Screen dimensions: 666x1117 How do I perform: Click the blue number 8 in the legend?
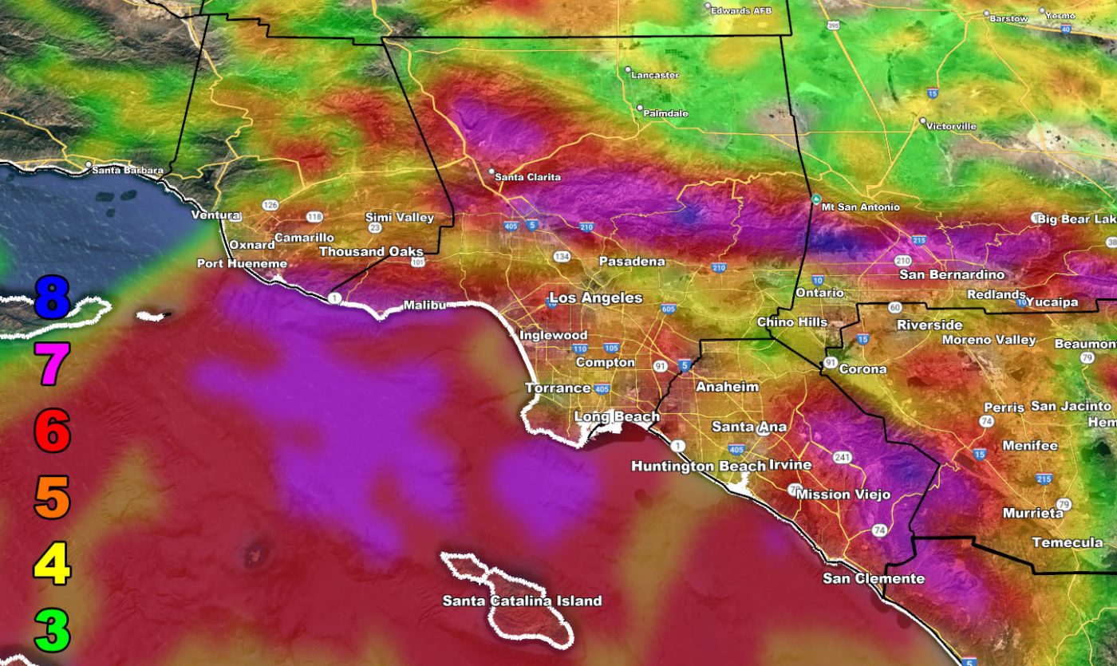53,295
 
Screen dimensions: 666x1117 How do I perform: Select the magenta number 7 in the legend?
53,363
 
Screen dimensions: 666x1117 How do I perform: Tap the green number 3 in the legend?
53,629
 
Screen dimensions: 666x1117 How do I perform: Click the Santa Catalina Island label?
522,601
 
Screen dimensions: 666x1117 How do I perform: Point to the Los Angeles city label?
595,298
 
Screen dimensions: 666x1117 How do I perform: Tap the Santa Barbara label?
128,170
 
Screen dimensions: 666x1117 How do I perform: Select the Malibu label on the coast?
424,305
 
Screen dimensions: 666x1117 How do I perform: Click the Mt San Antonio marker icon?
815,199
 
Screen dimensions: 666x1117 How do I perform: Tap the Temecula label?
1067,542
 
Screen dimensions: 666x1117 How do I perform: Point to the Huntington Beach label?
698,466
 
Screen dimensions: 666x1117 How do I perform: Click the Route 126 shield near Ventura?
270,205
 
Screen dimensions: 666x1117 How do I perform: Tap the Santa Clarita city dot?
491,171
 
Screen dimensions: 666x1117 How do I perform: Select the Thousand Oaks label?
371,251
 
